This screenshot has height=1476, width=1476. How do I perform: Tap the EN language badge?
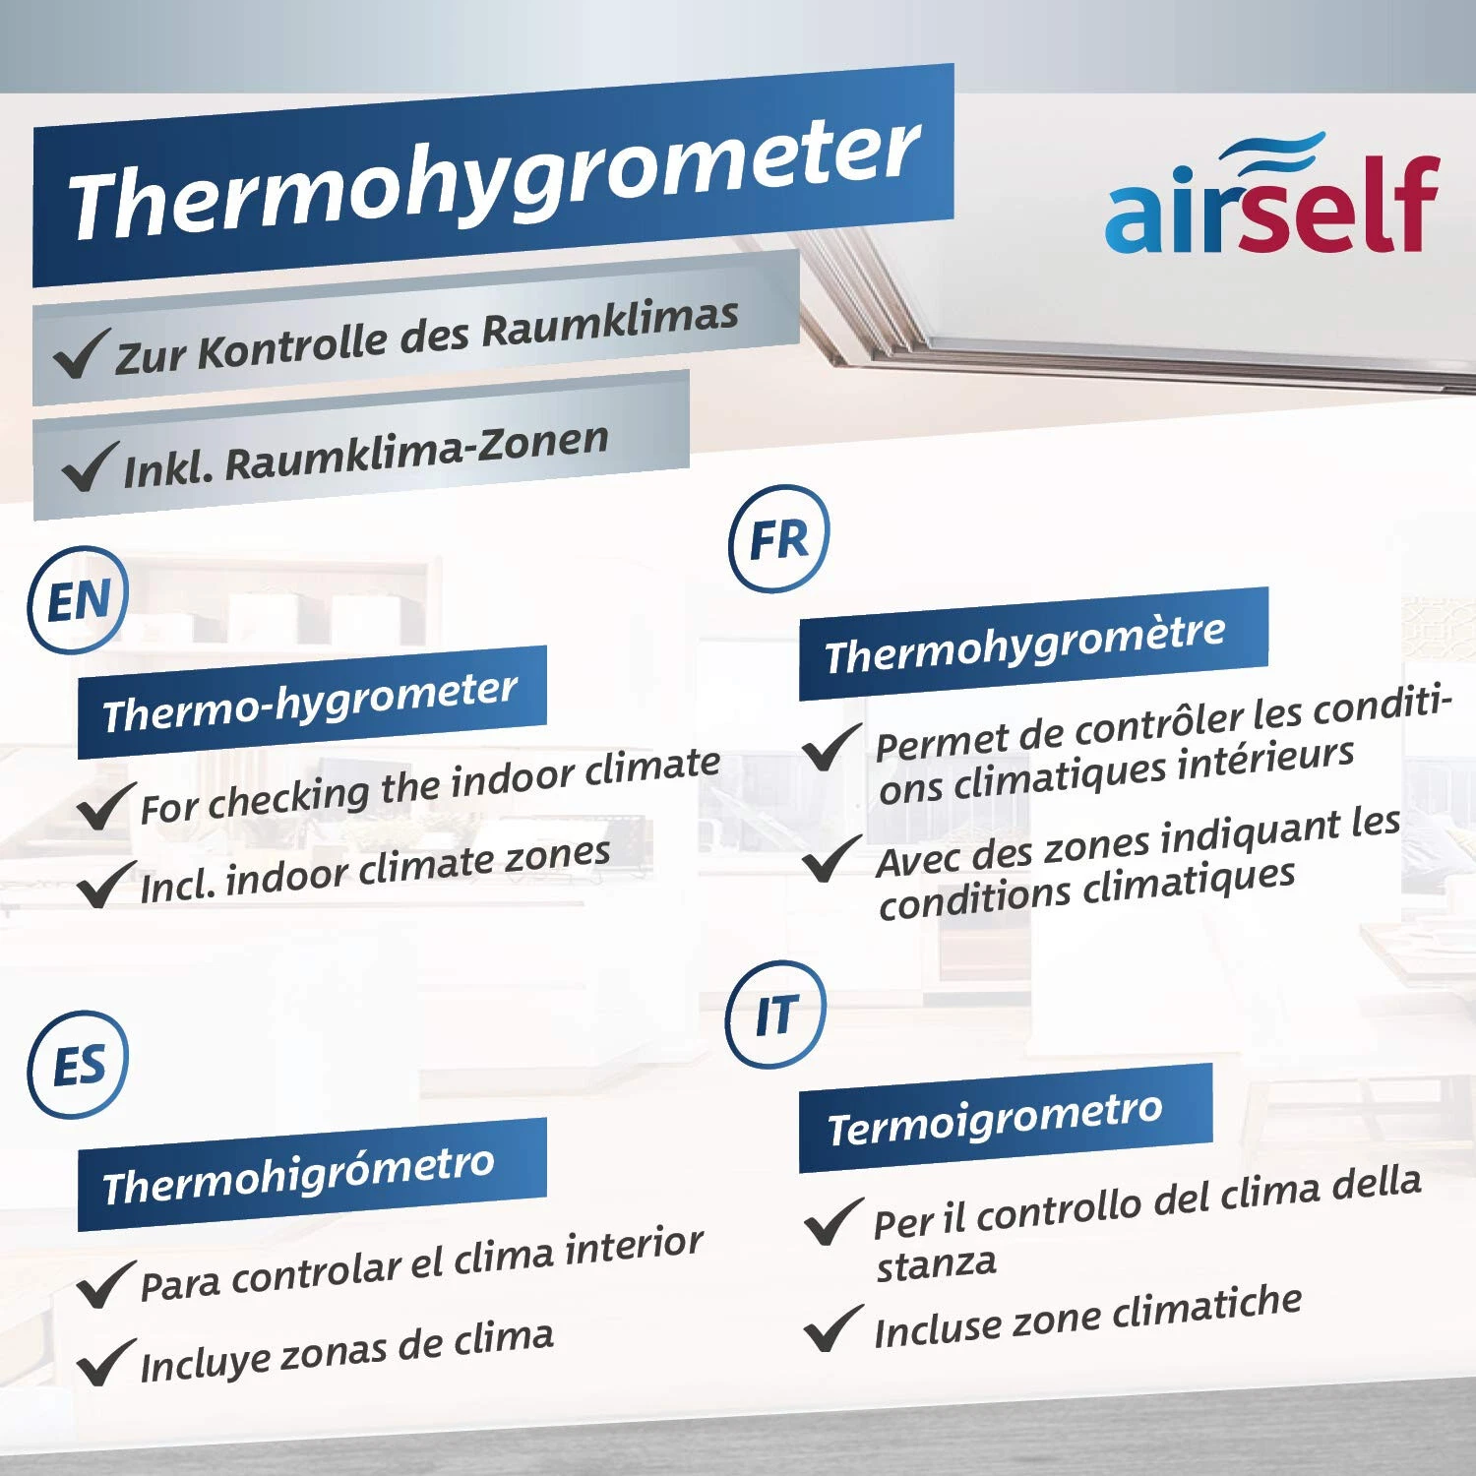click(79, 600)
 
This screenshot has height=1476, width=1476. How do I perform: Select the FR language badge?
click(779, 539)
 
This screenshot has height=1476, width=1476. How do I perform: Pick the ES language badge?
click(79, 1066)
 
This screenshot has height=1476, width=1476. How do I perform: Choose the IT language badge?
click(776, 1015)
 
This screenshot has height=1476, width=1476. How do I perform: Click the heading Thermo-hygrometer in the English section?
click(310, 702)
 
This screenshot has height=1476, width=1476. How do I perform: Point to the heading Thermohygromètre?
click(1025, 644)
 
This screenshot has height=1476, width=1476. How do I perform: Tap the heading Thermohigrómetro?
click(298, 1174)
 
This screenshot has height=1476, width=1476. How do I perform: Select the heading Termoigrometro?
click(995, 1119)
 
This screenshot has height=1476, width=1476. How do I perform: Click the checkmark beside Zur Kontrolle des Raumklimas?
click(81, 353)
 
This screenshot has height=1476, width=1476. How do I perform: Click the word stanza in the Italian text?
click(936, 1263)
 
